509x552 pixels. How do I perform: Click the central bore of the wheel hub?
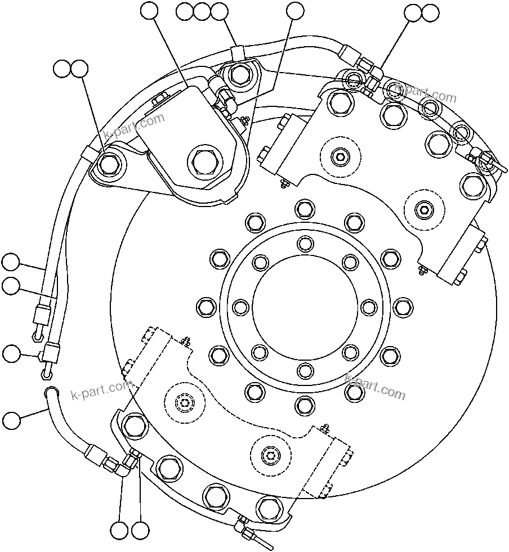(304, 307)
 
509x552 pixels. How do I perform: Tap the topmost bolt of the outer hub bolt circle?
(304, 209)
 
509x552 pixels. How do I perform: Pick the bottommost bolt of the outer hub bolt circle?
(304, 404)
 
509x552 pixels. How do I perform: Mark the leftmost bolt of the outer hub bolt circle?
(207, 307)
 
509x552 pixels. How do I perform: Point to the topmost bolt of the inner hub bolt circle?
(304, 243)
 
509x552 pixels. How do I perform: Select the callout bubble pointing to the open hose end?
(11, 420)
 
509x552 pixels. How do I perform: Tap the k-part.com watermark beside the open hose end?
(101, 389)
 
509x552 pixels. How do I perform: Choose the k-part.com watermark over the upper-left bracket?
(135, 127)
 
